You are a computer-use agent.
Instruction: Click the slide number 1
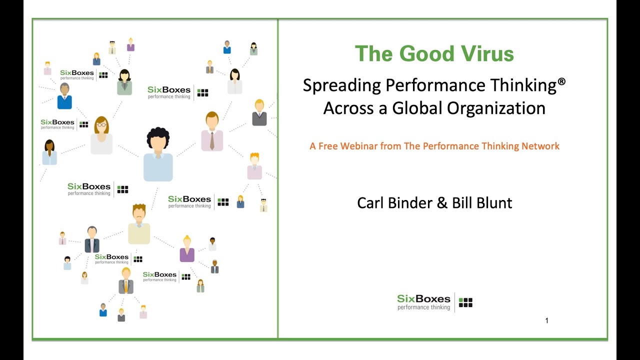[546, 320]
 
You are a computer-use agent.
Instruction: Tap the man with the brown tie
[212, 131]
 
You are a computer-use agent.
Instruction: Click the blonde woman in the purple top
[187, 248]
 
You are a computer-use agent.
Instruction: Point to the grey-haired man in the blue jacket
[64, 96]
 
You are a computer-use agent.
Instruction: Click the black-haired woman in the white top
[234, 81]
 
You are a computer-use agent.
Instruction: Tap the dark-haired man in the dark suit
[92, 239]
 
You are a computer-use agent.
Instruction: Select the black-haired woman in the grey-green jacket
[124, 82]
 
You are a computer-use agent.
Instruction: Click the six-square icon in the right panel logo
[465, 302]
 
